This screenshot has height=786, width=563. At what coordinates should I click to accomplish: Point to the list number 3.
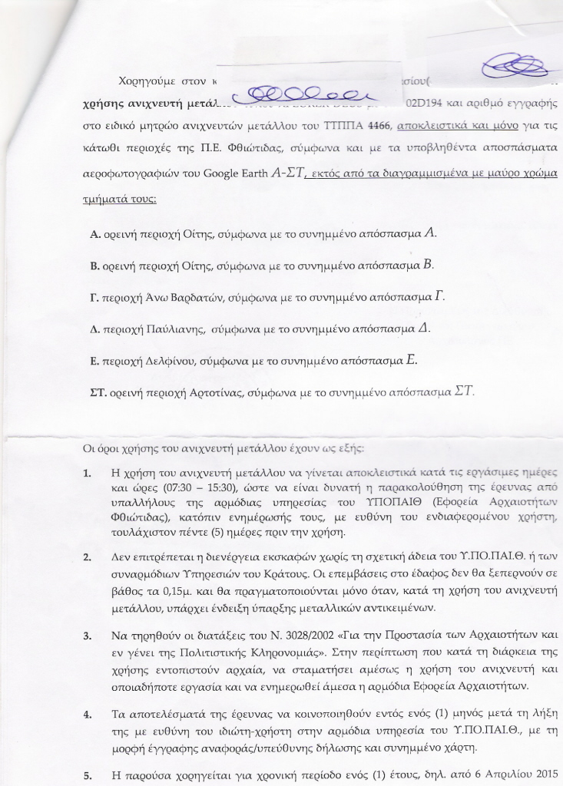[x=88, y=636]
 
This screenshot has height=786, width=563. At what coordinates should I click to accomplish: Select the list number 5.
[x=88, y=775]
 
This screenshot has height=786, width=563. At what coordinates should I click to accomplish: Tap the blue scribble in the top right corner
[x=511, y=65]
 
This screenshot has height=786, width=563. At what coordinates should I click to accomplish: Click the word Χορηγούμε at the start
[x=149, y=80]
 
